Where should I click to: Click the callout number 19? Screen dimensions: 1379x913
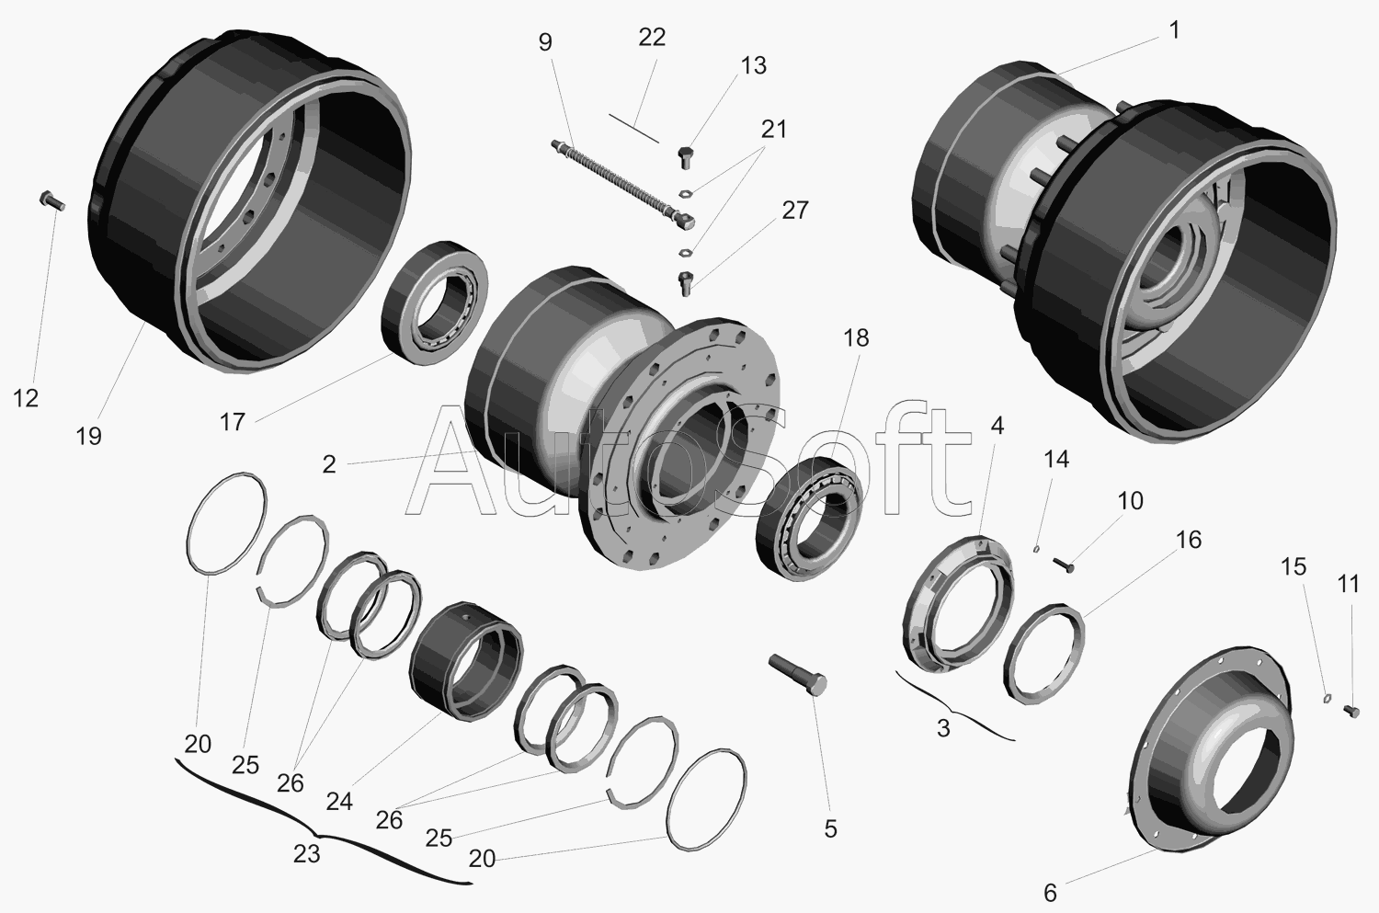point(88,437)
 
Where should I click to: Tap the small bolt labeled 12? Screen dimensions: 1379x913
point(51,200)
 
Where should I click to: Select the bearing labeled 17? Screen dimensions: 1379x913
point(435,302)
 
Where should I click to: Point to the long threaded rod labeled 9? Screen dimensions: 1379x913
point(623,184)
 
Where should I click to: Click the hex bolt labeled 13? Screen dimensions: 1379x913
point(686,157)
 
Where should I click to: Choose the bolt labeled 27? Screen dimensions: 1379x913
point(686,283)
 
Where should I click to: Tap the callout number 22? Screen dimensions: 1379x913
point(652,38)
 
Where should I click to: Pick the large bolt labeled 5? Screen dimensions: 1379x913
point(798,675)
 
